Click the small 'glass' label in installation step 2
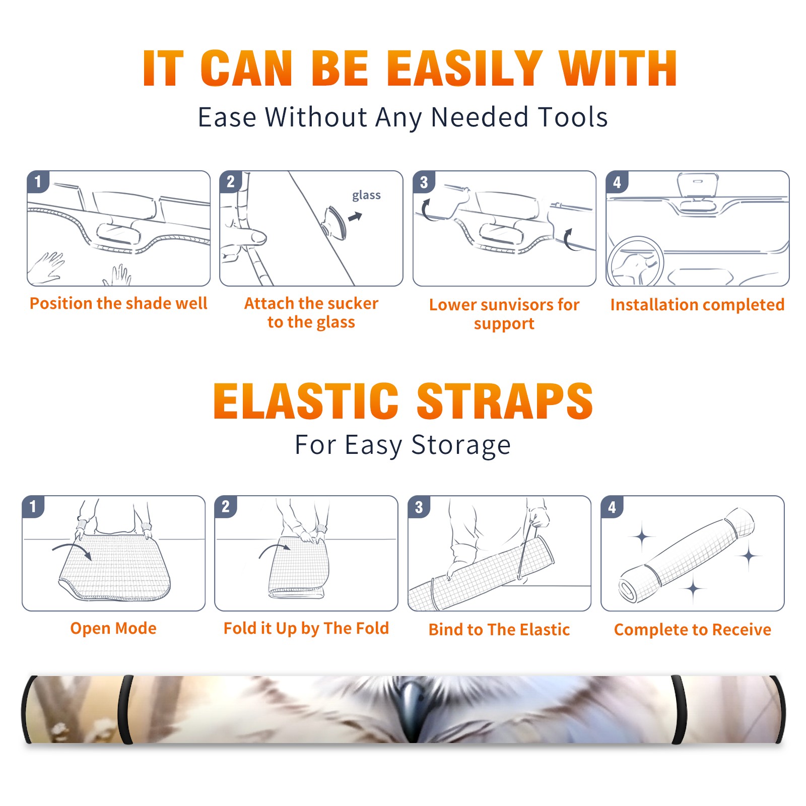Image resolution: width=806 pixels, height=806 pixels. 366,195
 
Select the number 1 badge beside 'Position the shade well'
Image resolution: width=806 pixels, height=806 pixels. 38,181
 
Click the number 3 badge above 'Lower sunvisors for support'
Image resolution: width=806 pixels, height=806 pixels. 424,182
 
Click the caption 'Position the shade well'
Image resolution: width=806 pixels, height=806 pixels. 118,303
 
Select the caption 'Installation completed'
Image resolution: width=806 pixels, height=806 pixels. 697,305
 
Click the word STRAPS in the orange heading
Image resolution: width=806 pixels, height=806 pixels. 505,401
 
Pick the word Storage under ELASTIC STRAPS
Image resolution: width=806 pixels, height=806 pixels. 461,445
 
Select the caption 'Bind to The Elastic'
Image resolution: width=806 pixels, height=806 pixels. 499,630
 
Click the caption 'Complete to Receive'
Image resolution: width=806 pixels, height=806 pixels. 693,630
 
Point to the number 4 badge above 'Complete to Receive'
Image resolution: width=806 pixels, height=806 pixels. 612,507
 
